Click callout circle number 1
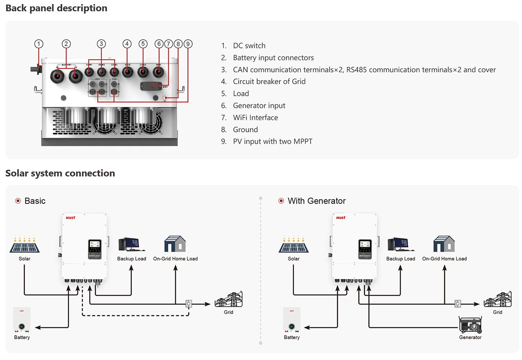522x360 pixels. tap(39, 44)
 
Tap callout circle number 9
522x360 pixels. tap(188, 44)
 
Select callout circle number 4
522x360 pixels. tap(127, 44)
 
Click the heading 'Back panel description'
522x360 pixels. tap(57, 8)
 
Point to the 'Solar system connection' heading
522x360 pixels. tap(60, 173)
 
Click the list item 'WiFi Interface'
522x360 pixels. tap(255, 118)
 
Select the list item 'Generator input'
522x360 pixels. tap(259, 105)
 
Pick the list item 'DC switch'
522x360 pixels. tap(249, 46)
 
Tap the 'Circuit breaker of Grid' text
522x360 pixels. tap(269, 81)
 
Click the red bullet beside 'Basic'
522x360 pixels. tap(18, 201)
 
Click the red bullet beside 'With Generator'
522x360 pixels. tap(281, 201)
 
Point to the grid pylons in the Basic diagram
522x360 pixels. tap(229, 300)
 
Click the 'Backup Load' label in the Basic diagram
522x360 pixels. tap(131, 259)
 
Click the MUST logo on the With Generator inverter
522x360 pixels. tap(341, 217)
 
